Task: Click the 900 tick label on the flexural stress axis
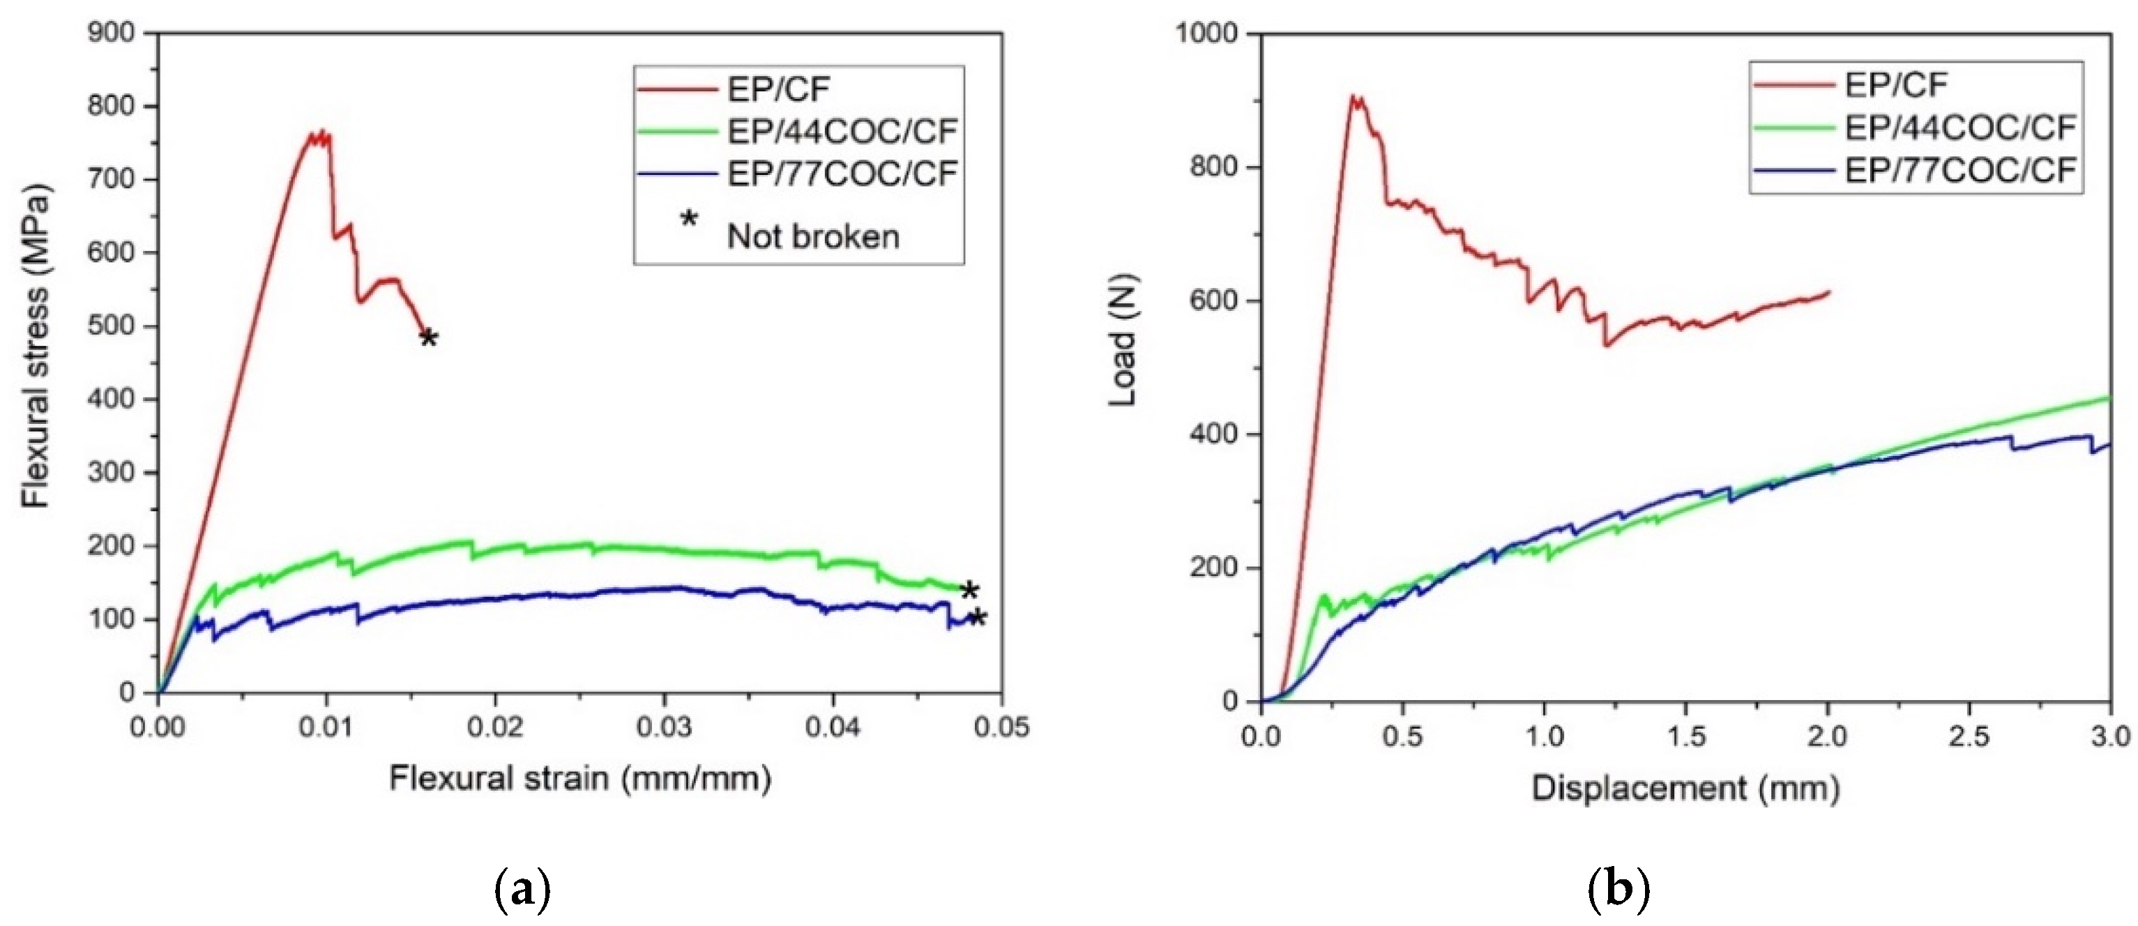coord(110,33)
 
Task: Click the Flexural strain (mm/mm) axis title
coord(580,779)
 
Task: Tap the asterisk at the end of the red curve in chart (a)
coord(428,337)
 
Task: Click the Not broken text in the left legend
coord(812,236)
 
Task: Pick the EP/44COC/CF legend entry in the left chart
coord(842,131)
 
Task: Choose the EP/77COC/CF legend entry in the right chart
coord(1959,170)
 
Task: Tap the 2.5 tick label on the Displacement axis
coord(1969,736)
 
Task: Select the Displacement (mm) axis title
coord(1685,787)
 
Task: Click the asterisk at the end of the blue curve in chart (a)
coord(978,618)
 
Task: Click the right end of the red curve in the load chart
coord(1828,291)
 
